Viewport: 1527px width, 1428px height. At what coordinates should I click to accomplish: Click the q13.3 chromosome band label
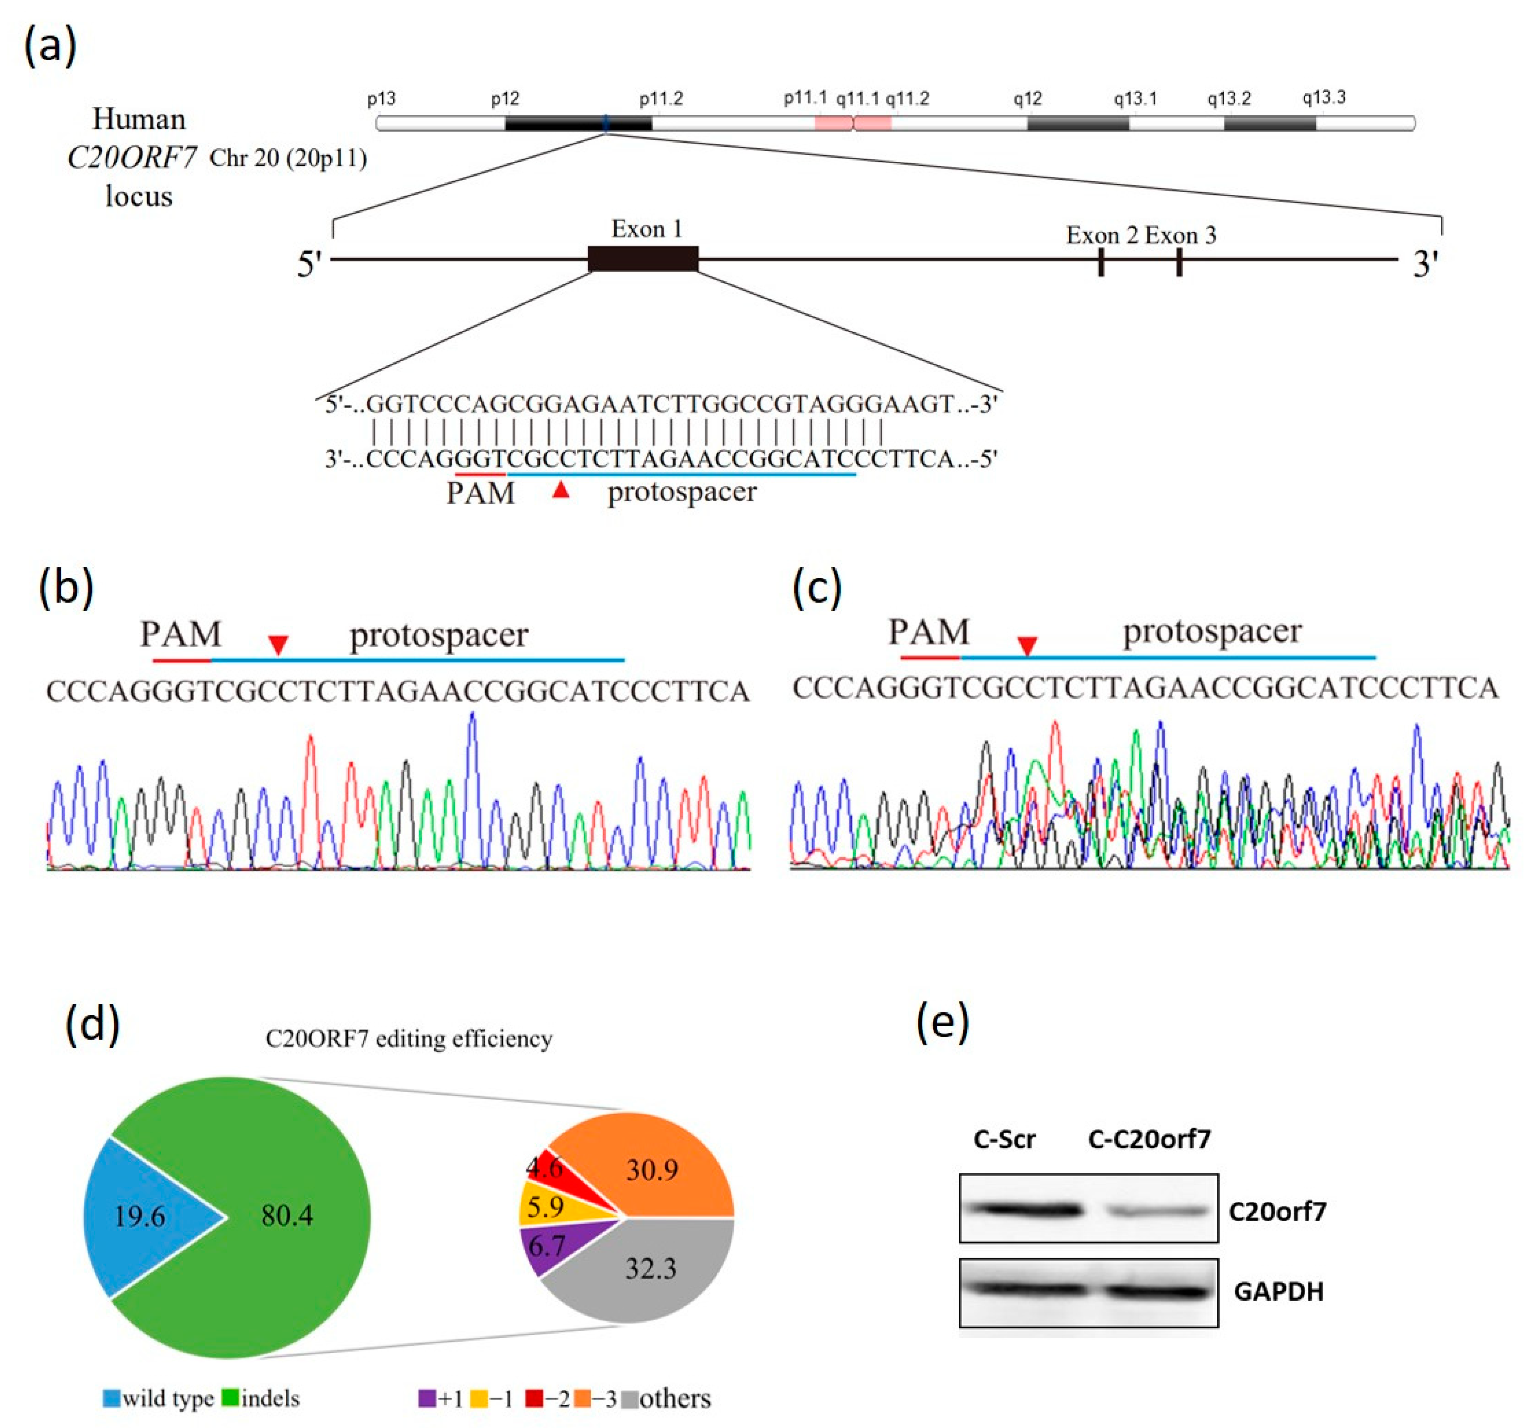1324,97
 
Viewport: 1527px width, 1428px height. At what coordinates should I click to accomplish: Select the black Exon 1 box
643,259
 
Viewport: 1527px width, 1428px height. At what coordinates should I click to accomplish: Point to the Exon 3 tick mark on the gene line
1179,262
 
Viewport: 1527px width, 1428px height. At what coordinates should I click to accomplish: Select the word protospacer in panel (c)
1212,632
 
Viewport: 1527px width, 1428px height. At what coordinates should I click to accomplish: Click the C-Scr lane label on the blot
1004,1139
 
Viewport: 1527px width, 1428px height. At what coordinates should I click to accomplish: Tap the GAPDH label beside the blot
1278,1292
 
